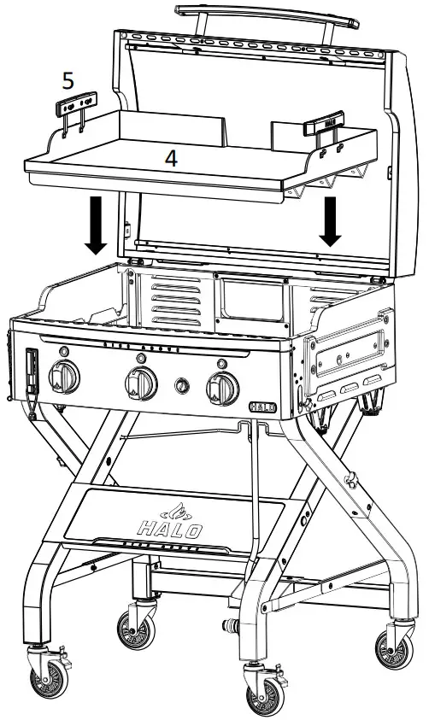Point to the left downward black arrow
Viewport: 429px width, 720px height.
(97, 225)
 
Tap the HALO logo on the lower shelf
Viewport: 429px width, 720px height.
(171, 522)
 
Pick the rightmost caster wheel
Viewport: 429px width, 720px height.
(394, 646)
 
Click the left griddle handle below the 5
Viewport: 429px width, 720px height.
(73, 109)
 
